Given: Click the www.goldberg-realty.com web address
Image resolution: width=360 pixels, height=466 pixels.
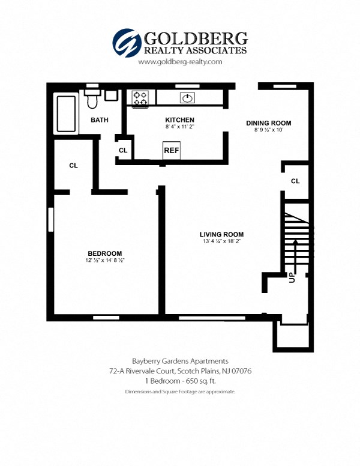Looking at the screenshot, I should click(x=180, y=62).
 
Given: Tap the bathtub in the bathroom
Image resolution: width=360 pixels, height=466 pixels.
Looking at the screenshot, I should click(x=66, y=113).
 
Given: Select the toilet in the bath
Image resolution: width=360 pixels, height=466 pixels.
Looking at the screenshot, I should click(x=92, y=100).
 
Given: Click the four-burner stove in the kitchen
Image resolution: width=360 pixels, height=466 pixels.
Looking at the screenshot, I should click(x=140, y=98).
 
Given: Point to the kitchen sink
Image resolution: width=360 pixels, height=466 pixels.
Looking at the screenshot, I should click(x=187, y=98).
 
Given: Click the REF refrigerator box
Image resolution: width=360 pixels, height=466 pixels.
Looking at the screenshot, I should click(x=172, y=150).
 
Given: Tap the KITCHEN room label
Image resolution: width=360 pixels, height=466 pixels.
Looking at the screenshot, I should click(x=179, y=120).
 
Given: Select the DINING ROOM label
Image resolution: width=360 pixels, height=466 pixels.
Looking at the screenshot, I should click(x=268, y=123).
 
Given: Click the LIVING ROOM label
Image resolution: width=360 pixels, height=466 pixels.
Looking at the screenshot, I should click(x=222, y=234).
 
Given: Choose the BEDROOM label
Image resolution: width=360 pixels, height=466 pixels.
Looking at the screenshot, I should click(x=104, y=253).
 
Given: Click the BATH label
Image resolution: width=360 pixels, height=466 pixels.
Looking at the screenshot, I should click(x=100, y=120).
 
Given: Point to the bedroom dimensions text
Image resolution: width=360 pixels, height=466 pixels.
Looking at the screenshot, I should click(x=104, y=261).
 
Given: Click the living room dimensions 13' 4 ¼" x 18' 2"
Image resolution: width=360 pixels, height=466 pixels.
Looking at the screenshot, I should click(x=222, y=242).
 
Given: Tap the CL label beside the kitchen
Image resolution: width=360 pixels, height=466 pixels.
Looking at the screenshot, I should click(x=123, y=150).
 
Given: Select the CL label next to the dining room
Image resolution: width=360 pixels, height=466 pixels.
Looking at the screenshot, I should click(x=295, y=181).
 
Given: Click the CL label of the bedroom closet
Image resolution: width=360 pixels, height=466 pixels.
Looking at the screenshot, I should click(x=73, y=165).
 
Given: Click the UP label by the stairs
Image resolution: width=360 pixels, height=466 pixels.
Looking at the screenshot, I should click(x=292, y=278).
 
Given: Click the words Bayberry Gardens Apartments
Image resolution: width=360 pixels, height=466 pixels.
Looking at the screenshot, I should click(x=180, y=361).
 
